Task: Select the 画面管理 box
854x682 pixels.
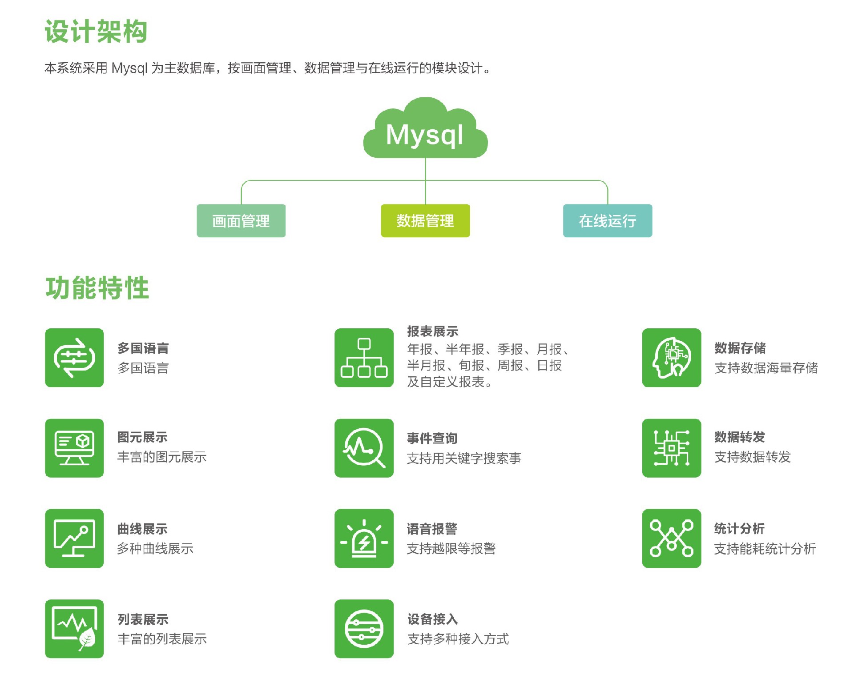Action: tap(241, 221)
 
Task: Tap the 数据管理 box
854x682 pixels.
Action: tap(425, 221)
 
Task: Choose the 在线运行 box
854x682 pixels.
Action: tap(608, 221)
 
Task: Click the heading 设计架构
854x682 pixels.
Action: tap(96, 32)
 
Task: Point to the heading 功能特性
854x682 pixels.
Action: tap(97, 288)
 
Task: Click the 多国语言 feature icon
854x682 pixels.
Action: tap(74, 358)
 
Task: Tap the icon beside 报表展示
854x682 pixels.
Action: tap(364, 358)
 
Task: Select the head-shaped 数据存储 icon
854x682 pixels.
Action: tap(671, 358)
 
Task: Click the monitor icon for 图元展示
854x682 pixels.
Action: tap(74, 448)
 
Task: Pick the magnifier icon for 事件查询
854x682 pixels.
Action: tap(364, 448)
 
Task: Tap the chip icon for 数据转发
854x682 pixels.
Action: tap(671, 448)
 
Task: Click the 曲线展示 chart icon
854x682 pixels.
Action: tap(74, 538)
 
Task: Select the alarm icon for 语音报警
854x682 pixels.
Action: tap(364, 538)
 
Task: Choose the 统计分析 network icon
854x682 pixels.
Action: tap(671, 538)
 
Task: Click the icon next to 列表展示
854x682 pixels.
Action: tap(74, 628)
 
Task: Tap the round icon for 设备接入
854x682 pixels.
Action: tap(364, 628)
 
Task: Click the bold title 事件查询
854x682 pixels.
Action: tap(432, 439)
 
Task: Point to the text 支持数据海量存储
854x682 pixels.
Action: tap(766, 368)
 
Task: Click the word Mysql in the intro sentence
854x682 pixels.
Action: tap(129, 68)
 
